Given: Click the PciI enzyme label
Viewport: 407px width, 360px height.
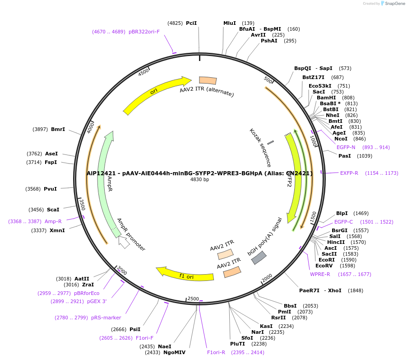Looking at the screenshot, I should (x=191, y=23).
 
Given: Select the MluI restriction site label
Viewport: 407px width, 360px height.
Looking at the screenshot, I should (x=230, y=23).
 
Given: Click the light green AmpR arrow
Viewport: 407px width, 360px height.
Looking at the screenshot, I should (x=108, y=181).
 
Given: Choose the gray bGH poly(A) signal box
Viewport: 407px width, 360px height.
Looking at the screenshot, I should (x=259, y=257).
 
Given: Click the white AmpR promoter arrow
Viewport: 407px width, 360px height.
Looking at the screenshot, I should (x=124, y=242).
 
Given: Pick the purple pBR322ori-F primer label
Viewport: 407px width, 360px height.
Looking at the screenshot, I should (x=144, y=32).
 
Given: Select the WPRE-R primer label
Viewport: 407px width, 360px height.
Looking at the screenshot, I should (x=320, y=274).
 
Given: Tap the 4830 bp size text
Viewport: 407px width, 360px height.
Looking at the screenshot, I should (x=199, y=179).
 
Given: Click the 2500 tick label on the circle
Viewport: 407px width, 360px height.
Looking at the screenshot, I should (x=193, y=299).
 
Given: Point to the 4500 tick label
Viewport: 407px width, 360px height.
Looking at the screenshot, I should (x=144, y=72).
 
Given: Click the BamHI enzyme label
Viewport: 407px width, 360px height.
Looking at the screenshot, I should (x=326, y=98).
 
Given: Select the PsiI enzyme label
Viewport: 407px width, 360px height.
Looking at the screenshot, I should (x=135, y=329).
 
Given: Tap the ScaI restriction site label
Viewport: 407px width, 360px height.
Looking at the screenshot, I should (x=53, y=210).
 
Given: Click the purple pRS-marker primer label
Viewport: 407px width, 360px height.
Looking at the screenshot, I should (x=106, y=318).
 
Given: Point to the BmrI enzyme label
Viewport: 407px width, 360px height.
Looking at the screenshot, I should (x=58, y=129).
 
